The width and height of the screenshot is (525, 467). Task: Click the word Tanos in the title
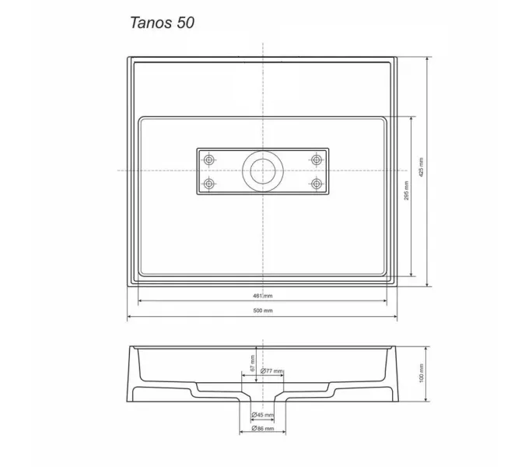(147, 23)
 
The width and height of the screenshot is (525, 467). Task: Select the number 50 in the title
(184, 23)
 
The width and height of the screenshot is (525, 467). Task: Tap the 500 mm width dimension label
(263, 311)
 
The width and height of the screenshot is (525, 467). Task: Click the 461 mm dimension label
(263, 297)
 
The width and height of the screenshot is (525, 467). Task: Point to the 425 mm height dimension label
(422, 171)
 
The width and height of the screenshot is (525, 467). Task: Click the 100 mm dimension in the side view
(422, 377)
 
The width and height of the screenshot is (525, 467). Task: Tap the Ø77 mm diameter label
(271, 371)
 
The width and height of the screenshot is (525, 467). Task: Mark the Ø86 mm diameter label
(263, 429)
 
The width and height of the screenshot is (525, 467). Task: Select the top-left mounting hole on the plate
(208, 160)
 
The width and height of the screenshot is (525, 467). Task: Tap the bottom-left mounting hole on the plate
(208, 184)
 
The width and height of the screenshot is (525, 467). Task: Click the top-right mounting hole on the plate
(317, 160)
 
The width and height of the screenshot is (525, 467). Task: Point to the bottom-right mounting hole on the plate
(317, 184)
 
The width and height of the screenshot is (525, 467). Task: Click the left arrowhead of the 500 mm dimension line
(130, 316)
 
